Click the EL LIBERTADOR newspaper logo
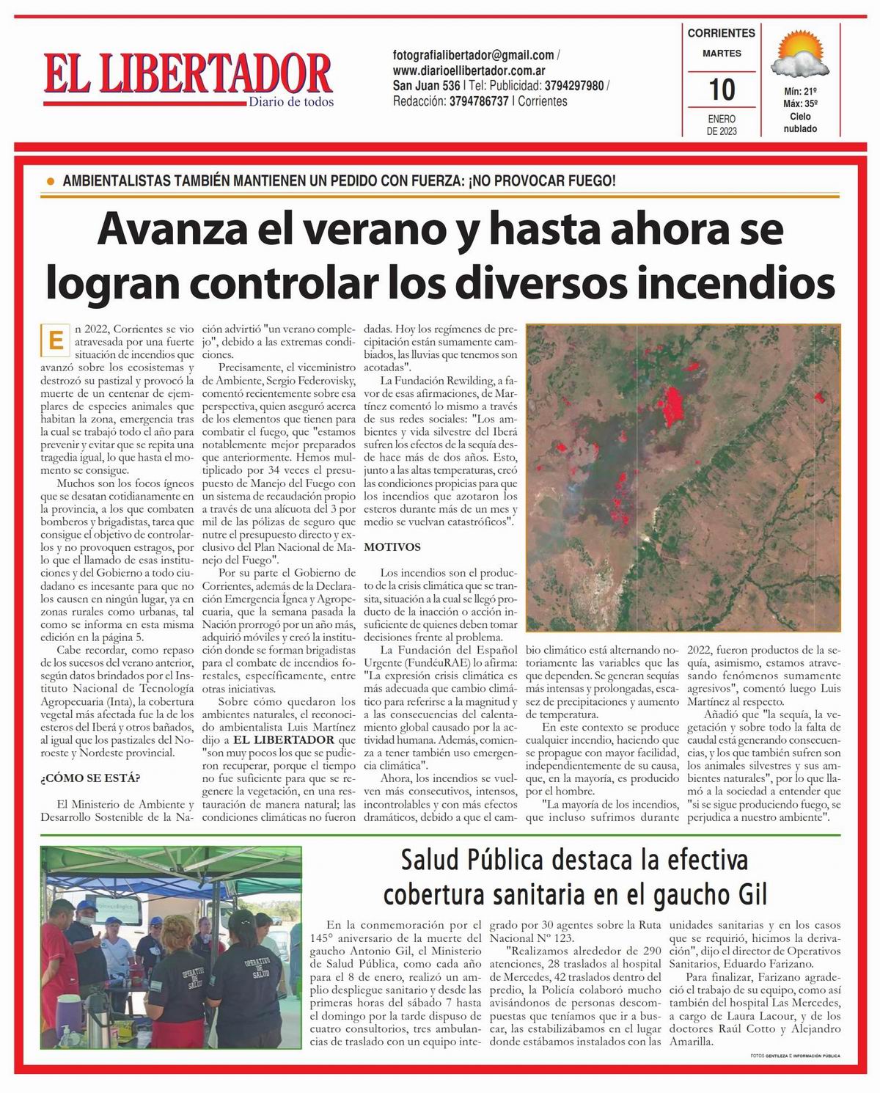(x=187, y=74)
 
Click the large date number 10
(x=722, y=89)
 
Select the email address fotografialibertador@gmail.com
(x=473, y=55)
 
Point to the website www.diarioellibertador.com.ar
(x=468, y=70)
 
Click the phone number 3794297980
(x=574, y=86)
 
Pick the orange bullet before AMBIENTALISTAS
(x=51, y=180)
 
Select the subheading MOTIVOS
(x=392, y=547)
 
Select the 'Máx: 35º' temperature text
(x=799, y=103)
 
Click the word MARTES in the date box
(x=722, y=54)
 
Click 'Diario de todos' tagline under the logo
(x=290, y=101)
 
